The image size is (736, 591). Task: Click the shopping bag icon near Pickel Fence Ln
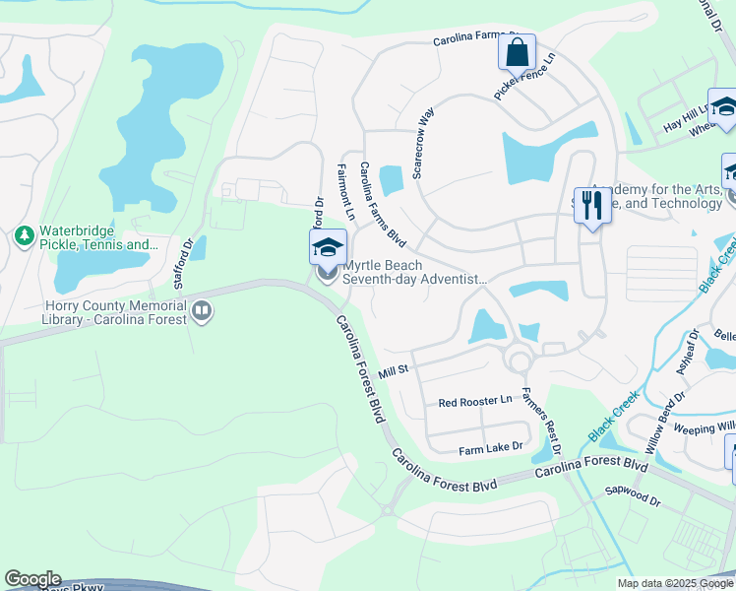[x=517, y=51]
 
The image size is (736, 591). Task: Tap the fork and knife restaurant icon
[x=591, y=205]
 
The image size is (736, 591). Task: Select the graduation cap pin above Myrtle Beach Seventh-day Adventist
[x=328, y=247]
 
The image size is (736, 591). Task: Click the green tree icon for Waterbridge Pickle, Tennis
[x=25, y=236]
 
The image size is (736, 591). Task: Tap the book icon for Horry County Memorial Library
[x=202, y=312]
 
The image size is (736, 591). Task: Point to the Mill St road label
[x=393, y=369]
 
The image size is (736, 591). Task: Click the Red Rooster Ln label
[x=475, y=402]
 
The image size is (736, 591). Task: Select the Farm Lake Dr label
[x=491, y=449]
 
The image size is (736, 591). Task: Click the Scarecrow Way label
[x=424, y=143]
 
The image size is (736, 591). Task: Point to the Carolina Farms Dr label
[x=476, y=41]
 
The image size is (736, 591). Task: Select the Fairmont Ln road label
[x=346, y=192]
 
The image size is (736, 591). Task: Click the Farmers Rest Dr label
[x=541, y=420]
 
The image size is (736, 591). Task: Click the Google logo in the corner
[x=32, y=579]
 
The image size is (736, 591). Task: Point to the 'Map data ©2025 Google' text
[x=675, y=583]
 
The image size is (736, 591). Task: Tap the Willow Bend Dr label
[x=665, y=420]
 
